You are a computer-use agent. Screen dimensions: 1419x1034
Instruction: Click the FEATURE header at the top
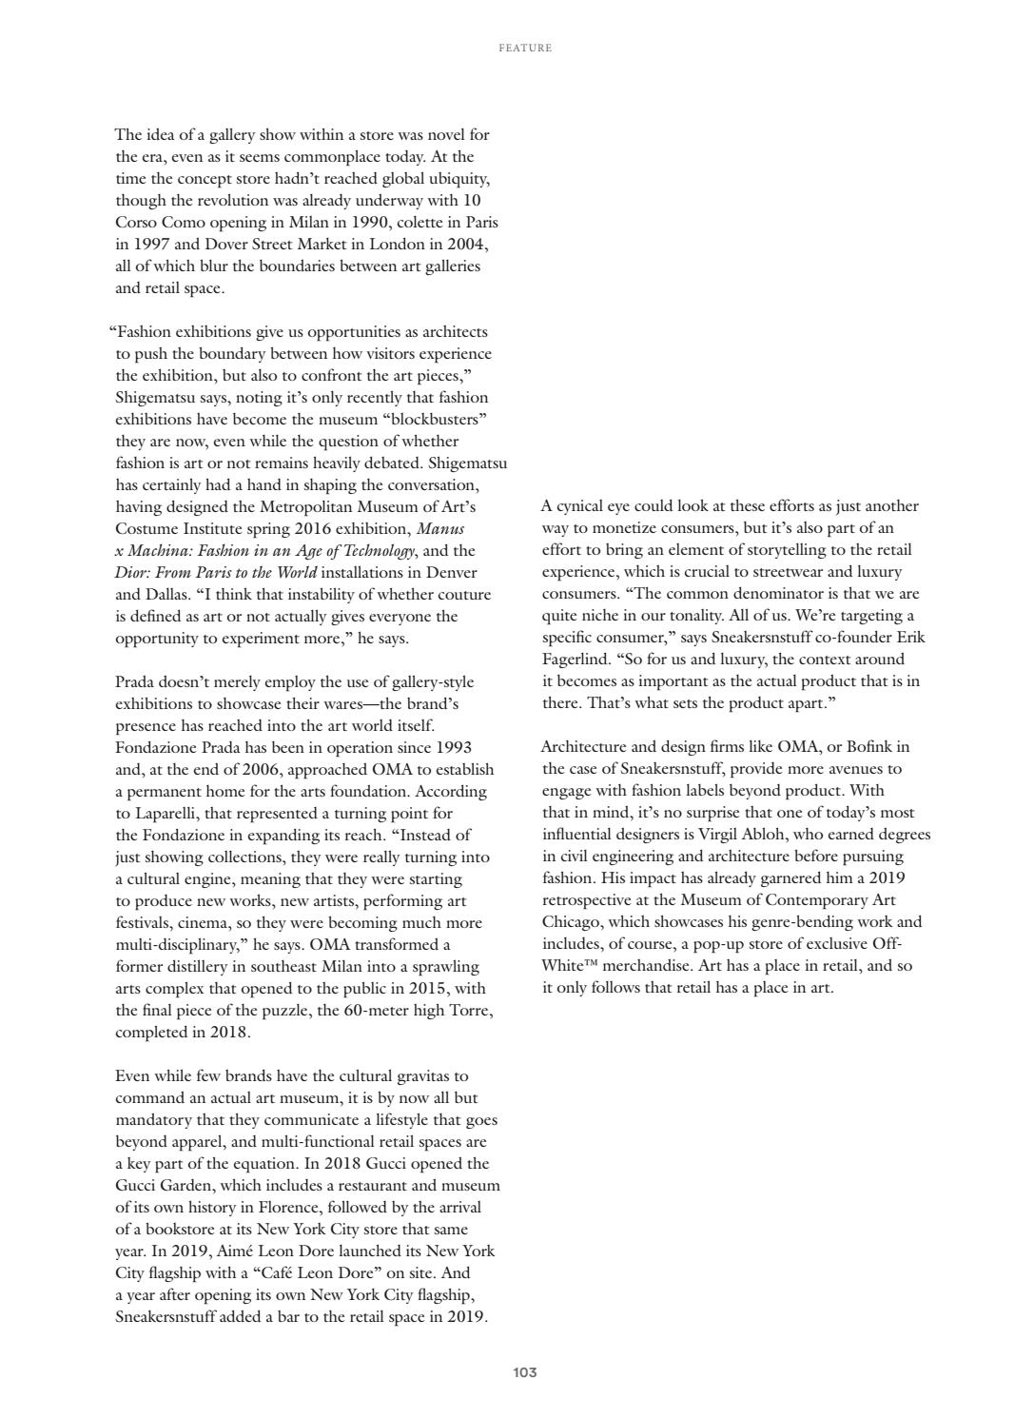coord(525,48)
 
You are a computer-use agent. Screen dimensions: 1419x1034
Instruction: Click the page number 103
coord(525,1372)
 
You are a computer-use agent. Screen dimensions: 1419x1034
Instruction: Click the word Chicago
coord(572,921)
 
